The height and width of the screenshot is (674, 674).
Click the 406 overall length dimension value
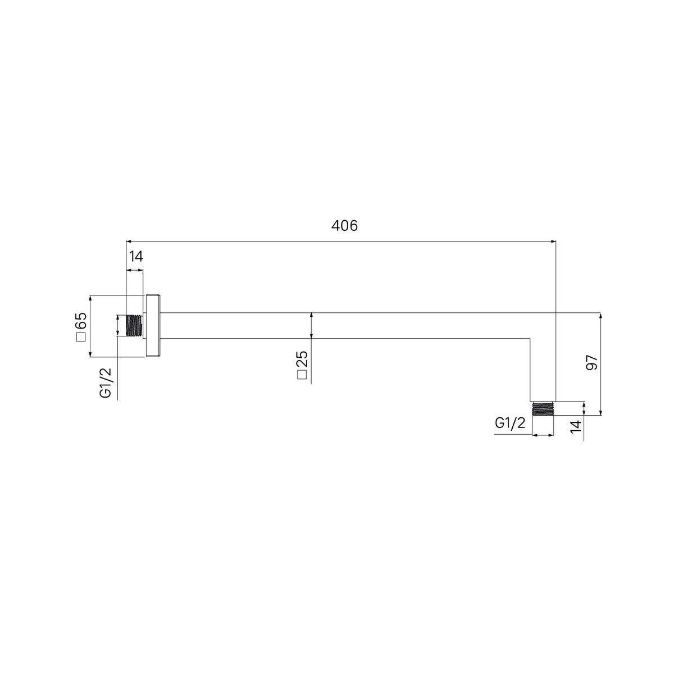tap(344, 226)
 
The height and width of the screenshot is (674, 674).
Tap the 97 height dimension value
tap(592, 362)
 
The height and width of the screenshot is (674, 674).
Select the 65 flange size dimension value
tap(81, 321)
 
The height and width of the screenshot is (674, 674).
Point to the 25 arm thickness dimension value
tap(302, 359)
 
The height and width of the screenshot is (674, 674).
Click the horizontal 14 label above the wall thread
tap(136, 257)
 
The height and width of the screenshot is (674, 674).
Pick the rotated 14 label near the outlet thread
tap(576, 427)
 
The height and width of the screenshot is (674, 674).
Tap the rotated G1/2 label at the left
tap(106, 383)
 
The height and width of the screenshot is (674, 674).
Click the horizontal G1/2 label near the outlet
tap(510, 423)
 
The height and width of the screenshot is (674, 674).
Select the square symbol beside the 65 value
tap(81, 337)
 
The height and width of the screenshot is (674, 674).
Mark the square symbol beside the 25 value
tap(302, 375)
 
